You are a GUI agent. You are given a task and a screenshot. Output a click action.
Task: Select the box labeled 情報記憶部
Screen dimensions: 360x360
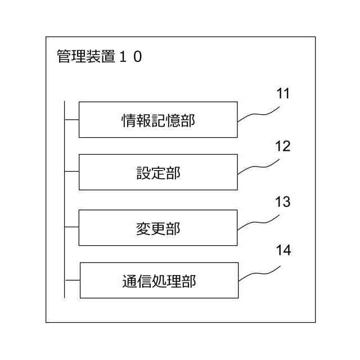158,120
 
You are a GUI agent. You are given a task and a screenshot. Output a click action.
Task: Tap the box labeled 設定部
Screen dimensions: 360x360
158,172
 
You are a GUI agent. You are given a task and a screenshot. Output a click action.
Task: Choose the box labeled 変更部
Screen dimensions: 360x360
158,228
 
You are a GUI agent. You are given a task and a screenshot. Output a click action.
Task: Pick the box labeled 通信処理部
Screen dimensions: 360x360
159,280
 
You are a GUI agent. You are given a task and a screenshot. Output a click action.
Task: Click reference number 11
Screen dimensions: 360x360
283,94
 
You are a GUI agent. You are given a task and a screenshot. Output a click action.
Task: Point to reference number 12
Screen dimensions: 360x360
283,146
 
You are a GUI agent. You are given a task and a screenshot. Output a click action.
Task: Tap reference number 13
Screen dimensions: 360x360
283,201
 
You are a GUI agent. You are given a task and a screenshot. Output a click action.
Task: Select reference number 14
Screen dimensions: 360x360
283,250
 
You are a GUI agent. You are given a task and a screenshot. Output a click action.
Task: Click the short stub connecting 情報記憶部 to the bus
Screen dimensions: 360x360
71,120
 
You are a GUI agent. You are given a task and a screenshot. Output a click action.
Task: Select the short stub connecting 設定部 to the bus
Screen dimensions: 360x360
71,172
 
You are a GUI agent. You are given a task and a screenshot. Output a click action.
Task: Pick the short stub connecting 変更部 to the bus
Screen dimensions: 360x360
71,228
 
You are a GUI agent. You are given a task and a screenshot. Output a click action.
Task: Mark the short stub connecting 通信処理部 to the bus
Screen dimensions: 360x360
72,280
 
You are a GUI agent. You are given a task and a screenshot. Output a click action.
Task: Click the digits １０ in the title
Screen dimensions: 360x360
130,57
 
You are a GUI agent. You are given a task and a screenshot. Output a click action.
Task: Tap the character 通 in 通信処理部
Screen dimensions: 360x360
129,281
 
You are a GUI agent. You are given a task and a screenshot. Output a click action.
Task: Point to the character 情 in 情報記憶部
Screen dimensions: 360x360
129,120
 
